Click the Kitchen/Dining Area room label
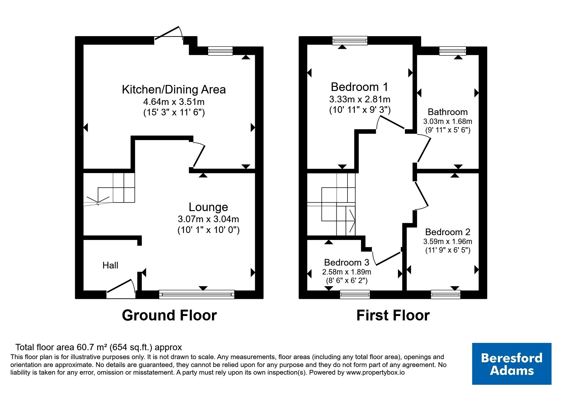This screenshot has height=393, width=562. tap(174, 89)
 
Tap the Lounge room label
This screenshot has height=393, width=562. tap(208, 207)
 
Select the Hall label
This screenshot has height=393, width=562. tap(110, 265)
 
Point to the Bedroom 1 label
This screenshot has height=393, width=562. tap(360, 87)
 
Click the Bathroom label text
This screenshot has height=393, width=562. tap(448, 112)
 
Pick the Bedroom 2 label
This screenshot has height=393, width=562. tap(448, 232)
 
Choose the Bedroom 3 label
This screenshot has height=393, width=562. tap(347, 262)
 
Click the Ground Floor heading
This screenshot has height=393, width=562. tap(169, 315)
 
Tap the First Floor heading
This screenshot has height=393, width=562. tap(393, 315)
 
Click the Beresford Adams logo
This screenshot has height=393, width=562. tap(512, 364)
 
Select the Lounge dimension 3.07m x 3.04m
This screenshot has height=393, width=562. tap(208, 219)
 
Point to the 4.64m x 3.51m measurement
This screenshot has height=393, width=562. tap(174, 102)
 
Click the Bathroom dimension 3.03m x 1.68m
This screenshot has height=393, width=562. tap(448, 121)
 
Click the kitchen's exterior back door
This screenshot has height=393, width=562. tap(169, 34)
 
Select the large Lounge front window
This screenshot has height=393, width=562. tap(197, 294)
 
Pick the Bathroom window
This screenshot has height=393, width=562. tap(453, 51)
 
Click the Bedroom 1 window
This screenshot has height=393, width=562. tap(350, 41)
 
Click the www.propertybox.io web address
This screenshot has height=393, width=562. tap(375, 373)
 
